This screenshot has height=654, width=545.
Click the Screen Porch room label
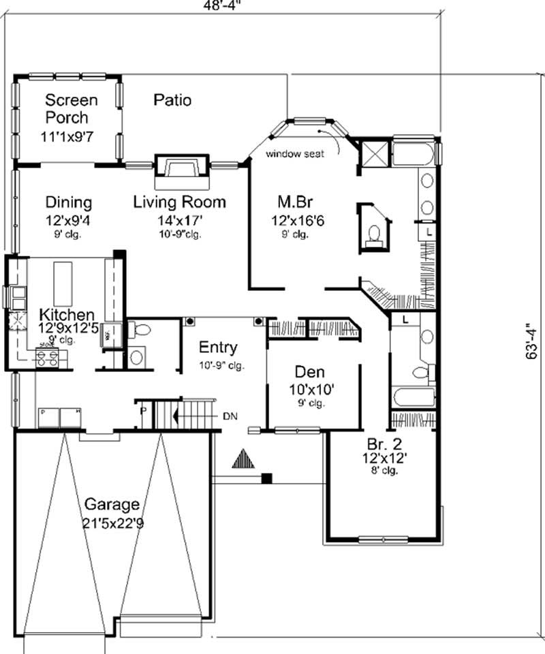click(x=71, y=109)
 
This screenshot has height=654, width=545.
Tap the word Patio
click(x=172, y=101)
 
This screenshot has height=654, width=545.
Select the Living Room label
click(x=179, y=202)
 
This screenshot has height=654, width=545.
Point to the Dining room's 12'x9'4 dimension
click(x=68, y=220)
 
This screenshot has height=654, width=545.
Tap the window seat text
click(x=294, y=153)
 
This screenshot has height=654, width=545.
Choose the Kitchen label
click(x=66, y=315)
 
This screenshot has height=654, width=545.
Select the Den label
click(x=309, y=372)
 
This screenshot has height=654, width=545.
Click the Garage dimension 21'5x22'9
click(x=112, y=524)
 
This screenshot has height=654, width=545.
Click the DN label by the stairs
click(x=229, y=415)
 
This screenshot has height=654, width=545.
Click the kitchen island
click(x=65, y=282)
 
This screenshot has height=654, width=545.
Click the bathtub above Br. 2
click(x=413, y=396)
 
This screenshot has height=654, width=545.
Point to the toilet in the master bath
click(x=373, y=235)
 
